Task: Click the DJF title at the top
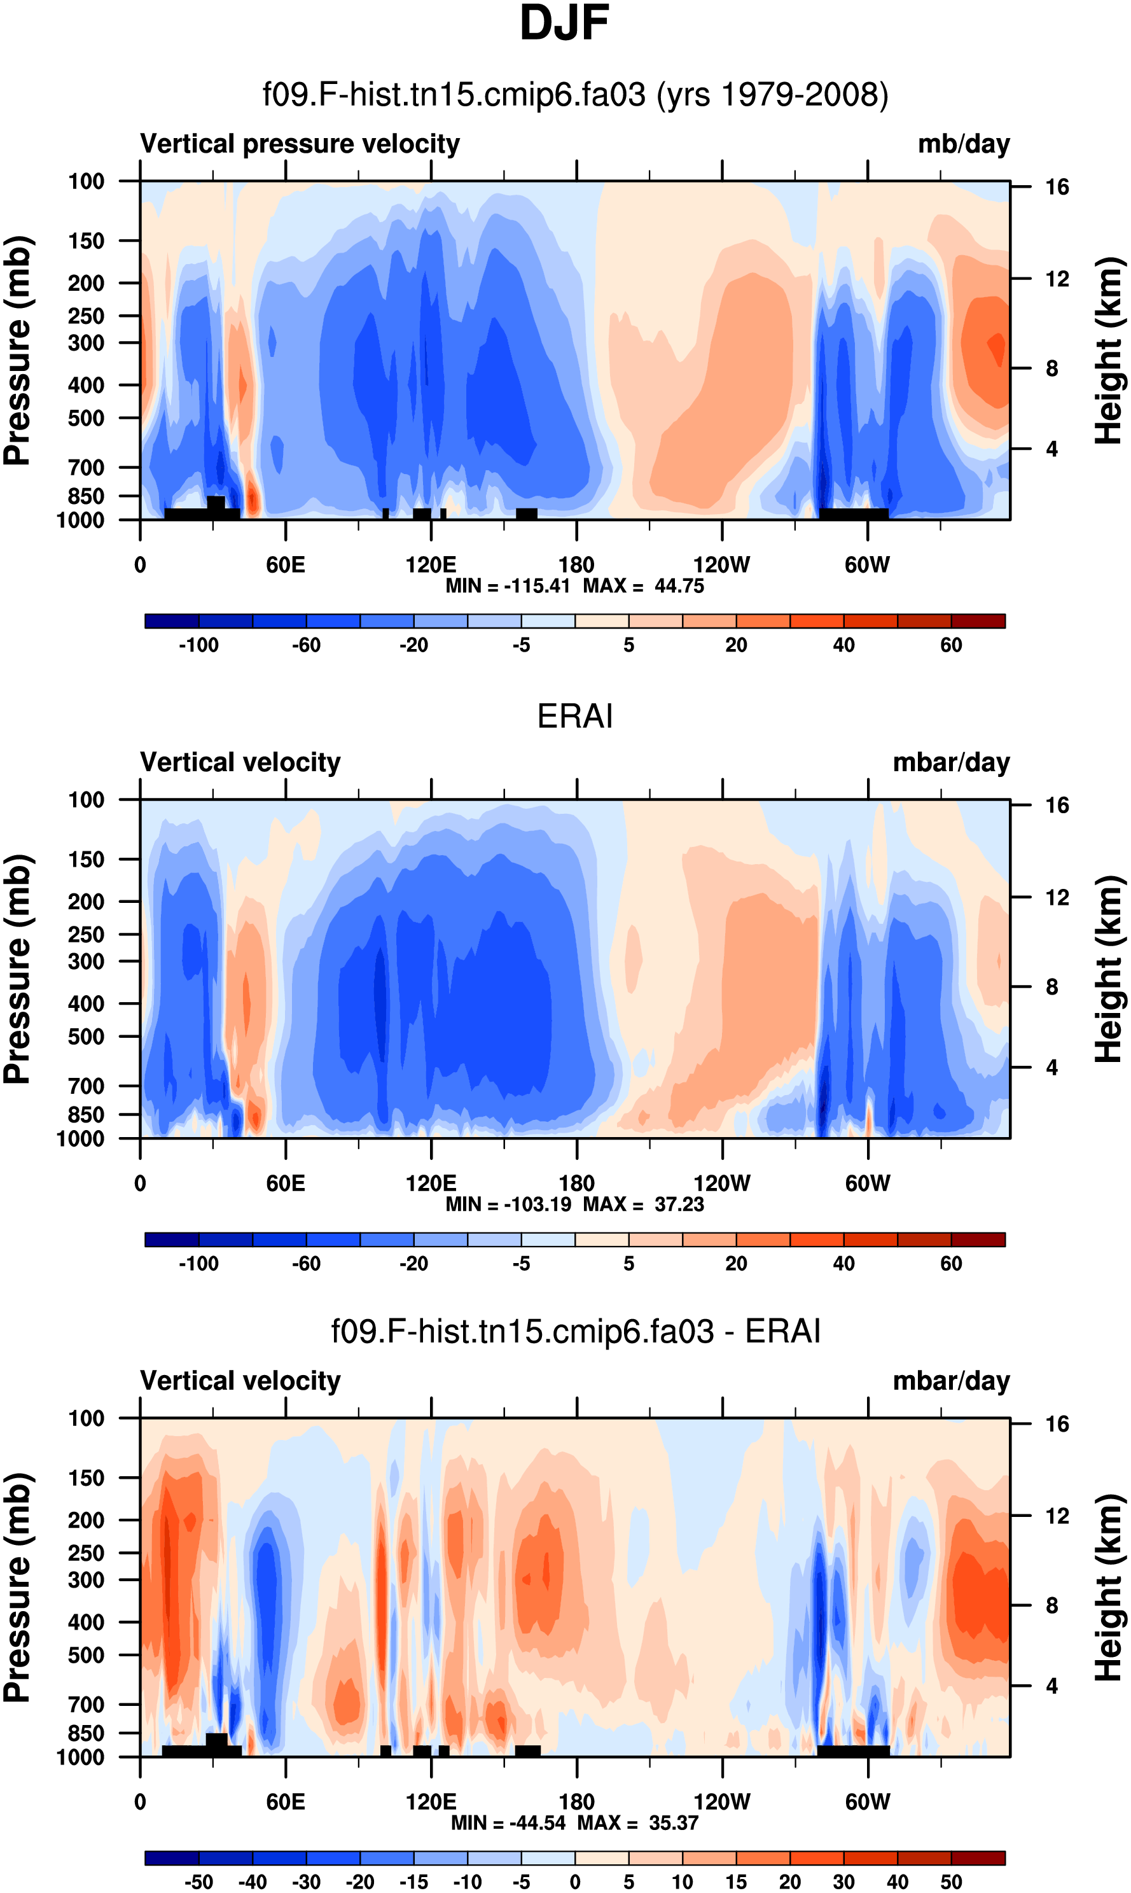pos(564,24)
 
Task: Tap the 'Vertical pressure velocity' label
pos(300,144)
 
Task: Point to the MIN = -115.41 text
pos(508,586)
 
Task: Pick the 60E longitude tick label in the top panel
pos(285,566)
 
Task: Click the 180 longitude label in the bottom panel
pos(576,1802)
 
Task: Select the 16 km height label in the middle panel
pos(1057,806)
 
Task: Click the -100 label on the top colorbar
pos(198,646)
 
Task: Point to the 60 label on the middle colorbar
pos(950,1264)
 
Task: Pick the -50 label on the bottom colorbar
pos(198,1882)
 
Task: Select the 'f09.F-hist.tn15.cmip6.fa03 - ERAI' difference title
pos(576,1332)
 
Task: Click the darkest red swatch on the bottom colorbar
pos(978,1858)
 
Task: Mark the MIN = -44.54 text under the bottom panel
pos(509,1823)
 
